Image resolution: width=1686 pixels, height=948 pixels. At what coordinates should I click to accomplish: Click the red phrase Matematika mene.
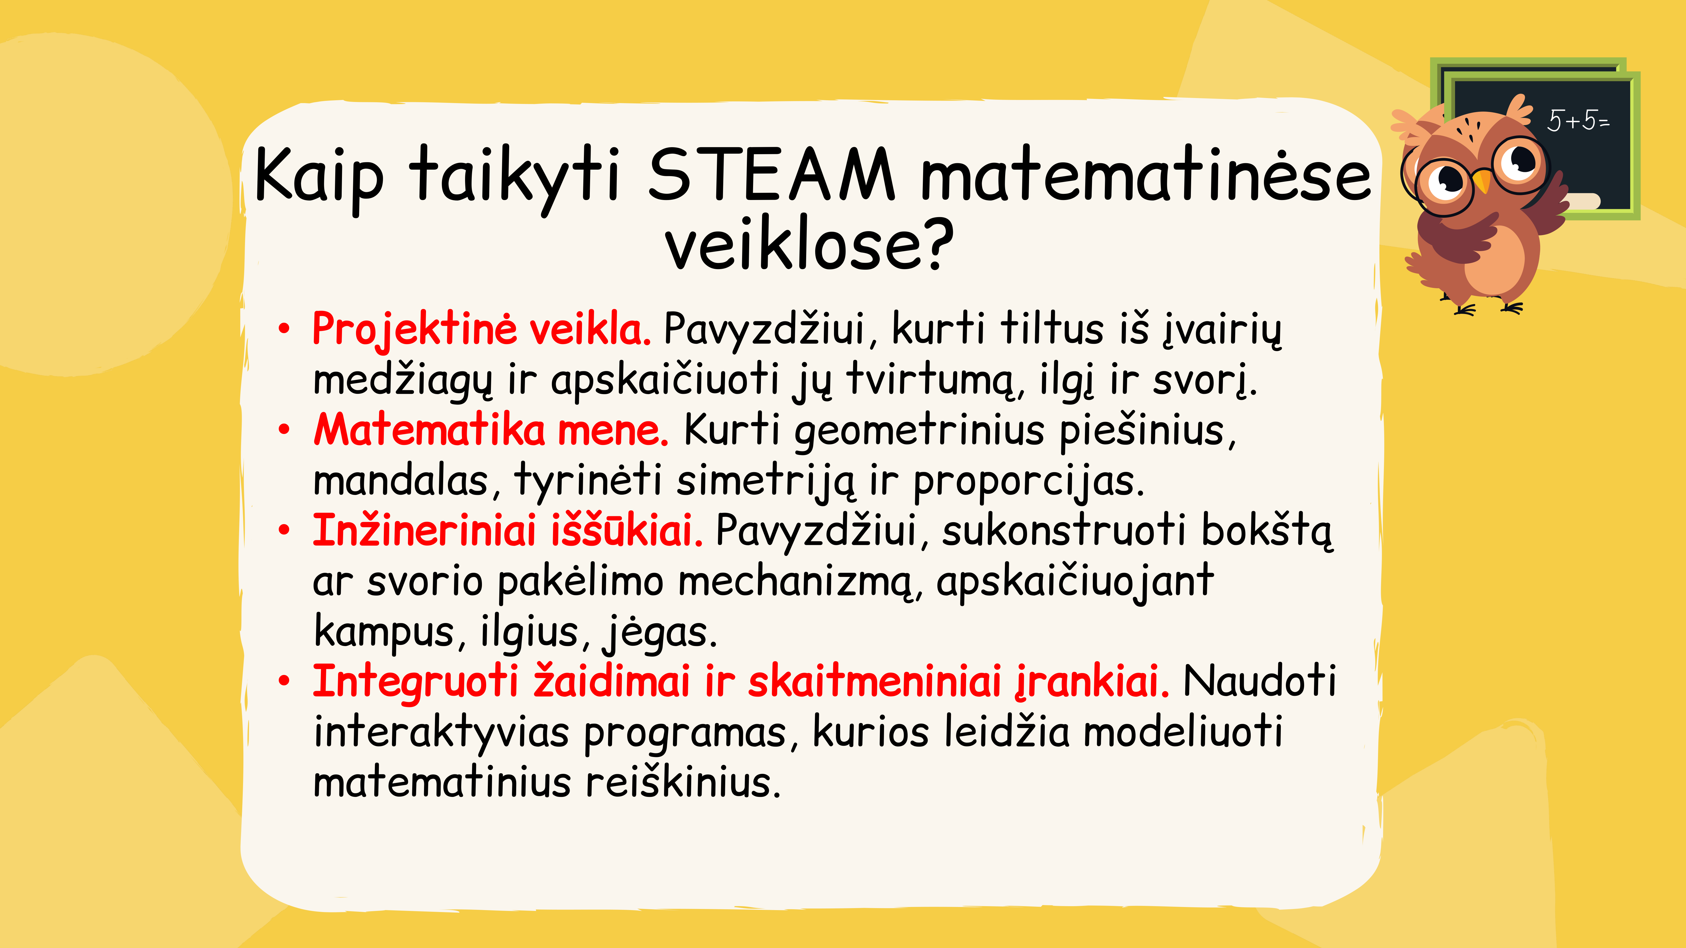(491, 431)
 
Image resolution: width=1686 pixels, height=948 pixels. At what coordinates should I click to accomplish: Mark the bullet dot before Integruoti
(284, 681)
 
